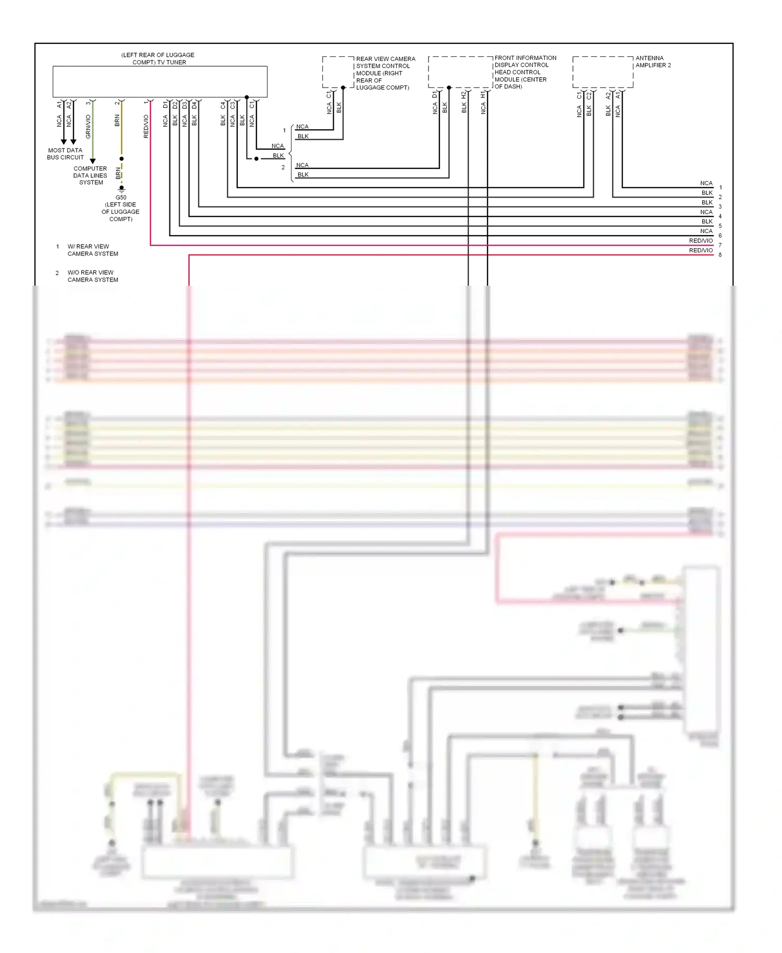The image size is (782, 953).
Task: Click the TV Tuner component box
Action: tap(160, 81)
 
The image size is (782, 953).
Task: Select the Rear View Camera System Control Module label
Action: tap(385, 73)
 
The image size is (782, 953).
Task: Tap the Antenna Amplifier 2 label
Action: tap(653, 62)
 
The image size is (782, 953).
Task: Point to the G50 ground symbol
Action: tap(121, 189)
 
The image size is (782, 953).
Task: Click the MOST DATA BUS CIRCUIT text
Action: tap(65, 154)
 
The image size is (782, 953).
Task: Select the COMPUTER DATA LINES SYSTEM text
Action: tap(90, 176)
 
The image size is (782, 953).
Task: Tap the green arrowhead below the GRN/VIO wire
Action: tap(93, 161)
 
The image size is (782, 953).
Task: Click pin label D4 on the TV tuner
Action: tap(194, 105)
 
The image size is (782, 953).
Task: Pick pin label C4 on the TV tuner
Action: tap(223, 105)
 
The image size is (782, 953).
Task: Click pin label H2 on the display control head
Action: tap(463, 95)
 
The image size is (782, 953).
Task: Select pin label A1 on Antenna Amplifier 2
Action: tap(618, 95)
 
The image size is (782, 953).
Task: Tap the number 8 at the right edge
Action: tap(720, 255)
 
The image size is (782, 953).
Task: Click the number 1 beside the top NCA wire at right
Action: tap(720, 188)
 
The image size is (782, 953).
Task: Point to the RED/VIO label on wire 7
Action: tap(701, 241)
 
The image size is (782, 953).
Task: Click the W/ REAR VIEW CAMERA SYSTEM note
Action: tap(92, 250)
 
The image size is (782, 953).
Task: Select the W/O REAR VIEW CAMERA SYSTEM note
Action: tap(92, 276)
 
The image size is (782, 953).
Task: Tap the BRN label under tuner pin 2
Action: tap(117, 121)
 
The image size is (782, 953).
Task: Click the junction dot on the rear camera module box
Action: tap(343, 88)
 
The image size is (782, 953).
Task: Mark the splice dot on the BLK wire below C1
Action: tap(256, 158)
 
